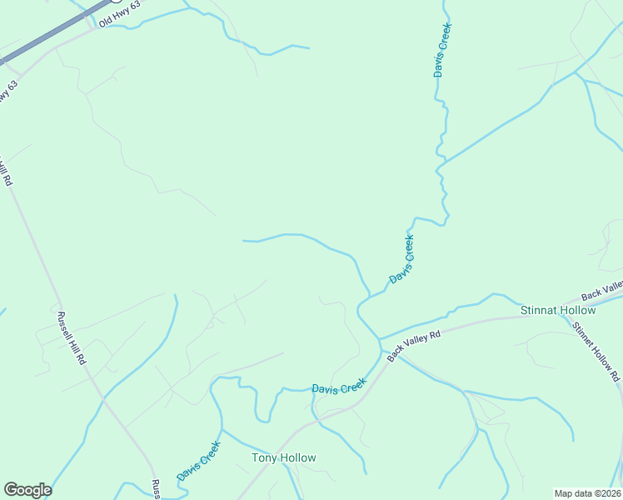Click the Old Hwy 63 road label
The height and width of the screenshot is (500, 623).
point(121,14)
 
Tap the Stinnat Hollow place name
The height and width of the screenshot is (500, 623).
point(558,310)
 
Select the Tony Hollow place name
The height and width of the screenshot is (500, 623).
point(284,457)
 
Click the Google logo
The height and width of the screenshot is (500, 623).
point(27,490)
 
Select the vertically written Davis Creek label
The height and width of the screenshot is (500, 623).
point(442,50)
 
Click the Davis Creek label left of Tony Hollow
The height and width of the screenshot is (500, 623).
point(198,460)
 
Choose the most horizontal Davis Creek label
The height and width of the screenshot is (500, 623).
point(339,387)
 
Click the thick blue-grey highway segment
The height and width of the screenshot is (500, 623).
point(50,33)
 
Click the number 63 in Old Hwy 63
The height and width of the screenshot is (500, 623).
point(136,7)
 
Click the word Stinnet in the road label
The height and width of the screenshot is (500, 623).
point(585,337)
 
